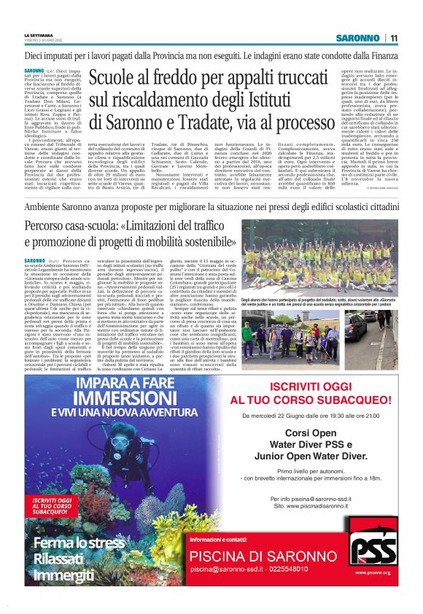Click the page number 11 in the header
pos(394,38)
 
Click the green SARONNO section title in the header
pos(357,38)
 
